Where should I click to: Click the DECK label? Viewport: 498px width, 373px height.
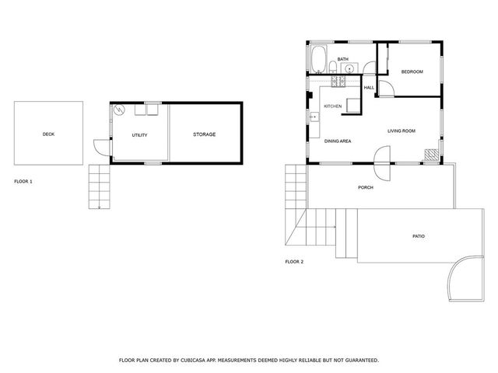(x=48, y=134)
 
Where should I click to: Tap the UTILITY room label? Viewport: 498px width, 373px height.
(x=140, y=135)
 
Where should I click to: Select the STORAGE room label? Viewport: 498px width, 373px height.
(x=204, y=134)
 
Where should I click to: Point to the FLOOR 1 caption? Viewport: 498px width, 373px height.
(x=23, y=181)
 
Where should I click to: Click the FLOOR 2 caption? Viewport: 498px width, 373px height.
(x=294, y=262)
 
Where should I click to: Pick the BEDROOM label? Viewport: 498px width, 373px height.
(x=412, y=72)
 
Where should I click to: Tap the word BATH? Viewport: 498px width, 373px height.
(x=342, y=58)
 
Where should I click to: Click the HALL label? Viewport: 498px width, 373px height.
(x=369, y=87)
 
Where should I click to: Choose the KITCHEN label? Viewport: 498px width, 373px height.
(x=333, y=106)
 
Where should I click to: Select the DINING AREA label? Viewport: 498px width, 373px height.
(x=338, y=141)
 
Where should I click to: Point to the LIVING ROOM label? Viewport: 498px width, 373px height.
(x=402, y=131)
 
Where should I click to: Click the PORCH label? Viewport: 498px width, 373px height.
(x=365, y=187)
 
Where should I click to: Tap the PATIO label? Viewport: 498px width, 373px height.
(x=419, y=235)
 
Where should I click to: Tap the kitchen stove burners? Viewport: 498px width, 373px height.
(x=338, y=80)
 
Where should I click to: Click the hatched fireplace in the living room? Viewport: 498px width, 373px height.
(x=430, y=154)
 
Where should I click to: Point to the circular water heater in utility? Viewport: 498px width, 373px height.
(x=119, y=110)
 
